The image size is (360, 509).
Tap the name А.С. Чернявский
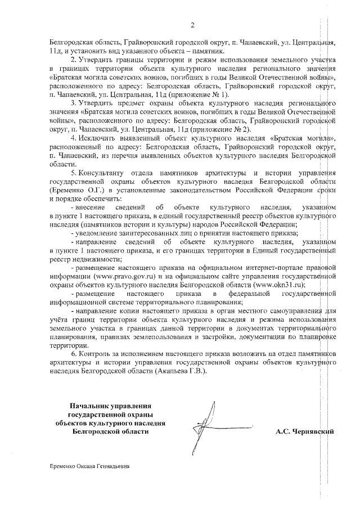coord(305,432)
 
